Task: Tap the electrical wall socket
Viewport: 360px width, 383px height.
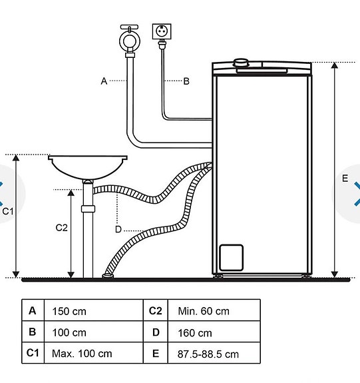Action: coord(162,32)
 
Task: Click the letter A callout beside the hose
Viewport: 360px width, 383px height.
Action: coord(104,81)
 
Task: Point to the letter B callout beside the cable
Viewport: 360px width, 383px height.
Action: coord(186,81)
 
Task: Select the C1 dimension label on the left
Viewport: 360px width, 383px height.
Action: coord(8,211)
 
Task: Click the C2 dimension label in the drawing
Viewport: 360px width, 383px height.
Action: coord(61,227)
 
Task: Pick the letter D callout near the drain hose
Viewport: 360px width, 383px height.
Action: coord(118,229)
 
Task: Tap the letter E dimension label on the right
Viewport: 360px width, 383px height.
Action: coord(344,179)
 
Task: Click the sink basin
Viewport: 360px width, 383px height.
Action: coord(88,166)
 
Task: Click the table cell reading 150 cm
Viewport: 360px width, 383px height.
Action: coord(92,311)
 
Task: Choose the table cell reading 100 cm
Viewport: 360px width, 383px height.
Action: coord(92,332)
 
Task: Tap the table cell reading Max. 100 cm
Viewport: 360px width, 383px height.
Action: coord(92,354)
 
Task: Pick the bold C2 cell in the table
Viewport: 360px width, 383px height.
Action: coord(155,310)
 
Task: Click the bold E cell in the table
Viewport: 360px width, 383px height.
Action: coord(155,354)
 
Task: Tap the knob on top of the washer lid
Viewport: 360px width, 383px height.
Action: coord(241,64)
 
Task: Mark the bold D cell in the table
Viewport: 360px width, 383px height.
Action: coord(155,332)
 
